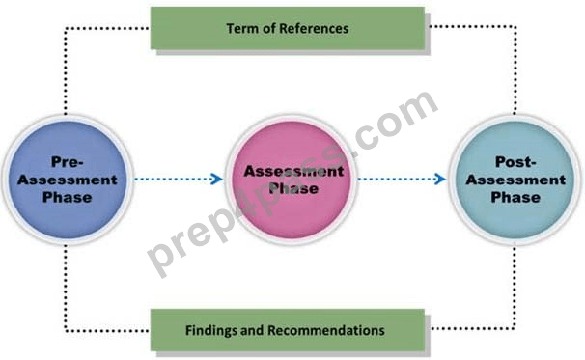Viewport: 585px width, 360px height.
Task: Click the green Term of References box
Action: pos(288,28)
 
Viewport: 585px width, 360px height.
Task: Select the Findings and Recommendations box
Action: pos(288,330)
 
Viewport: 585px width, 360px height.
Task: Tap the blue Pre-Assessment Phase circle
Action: pos(68,180)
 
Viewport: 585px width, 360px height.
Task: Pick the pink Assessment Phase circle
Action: pos(292,180)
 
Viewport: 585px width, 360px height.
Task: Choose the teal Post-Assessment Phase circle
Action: pos(515,180)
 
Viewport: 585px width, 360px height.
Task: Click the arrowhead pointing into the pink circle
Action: pos(217,180)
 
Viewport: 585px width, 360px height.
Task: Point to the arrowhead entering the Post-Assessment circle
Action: pos(440,180)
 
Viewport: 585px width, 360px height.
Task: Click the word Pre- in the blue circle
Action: pos(68,162)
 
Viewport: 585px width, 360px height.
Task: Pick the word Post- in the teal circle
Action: pos(515,162)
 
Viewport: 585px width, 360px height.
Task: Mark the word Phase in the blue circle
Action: pos(68,197)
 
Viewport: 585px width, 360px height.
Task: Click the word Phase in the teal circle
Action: pos(515,197)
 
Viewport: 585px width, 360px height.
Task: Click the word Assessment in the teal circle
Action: pos(515,180)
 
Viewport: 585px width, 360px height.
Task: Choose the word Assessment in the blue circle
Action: pos(68,180)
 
